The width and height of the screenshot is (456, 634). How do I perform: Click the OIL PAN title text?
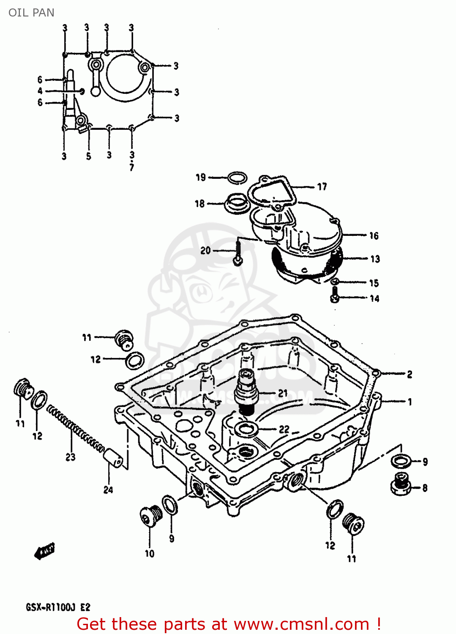click(x=31, y=13)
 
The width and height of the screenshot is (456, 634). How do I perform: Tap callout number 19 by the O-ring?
click(x=201, y=178)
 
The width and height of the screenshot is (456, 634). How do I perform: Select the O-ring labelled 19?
click(x=237, y=178)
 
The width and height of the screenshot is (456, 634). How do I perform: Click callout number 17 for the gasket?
click(x=322, y=187)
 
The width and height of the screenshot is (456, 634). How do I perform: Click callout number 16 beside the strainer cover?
click(x=374, y=236)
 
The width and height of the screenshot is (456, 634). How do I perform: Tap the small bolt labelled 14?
click(x=334, y=295)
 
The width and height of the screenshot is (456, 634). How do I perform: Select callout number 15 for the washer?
click(x=374, y=283)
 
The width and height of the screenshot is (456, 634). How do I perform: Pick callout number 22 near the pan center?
click(x=284, y=429)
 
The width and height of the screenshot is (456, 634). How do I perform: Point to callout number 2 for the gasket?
click(x=409, y=374)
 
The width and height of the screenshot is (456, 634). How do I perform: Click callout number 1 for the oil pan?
click(x=409, y=402)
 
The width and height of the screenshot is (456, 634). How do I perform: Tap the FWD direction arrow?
click(x=45, y=551)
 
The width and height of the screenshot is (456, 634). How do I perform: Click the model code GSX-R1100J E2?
click(x=58, y=607)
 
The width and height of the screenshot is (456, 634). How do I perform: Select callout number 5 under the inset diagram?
click(x=88, y=156)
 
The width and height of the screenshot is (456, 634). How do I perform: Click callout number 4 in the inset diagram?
click(x=40, y=91)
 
